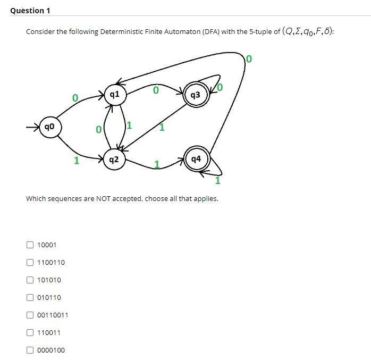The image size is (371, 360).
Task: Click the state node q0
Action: tap(48, 127)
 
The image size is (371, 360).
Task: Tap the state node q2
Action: tap(114, 159)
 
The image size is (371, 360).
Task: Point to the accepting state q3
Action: tap(195, 95)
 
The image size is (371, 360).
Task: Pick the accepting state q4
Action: tap(196, 159)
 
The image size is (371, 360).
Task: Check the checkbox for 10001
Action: tap(30, 245)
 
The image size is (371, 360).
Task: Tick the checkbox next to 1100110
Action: tap(30, 263)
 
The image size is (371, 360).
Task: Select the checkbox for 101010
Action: tap(30, 280)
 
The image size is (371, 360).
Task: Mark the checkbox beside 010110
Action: tap(30, 298)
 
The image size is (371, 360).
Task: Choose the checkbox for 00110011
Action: tap(30, 315)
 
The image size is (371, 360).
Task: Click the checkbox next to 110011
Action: tap(30, 333)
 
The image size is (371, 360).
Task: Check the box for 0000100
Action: tap(30, 350)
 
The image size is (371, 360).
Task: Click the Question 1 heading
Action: tap(27, 11)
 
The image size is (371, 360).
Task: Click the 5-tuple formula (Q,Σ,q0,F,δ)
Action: tap(308, 31)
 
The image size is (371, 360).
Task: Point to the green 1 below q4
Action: tap(218, 181)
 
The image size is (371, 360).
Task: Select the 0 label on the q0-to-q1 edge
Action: tap(75, 98)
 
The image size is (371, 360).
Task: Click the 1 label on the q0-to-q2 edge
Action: tap(77, 160)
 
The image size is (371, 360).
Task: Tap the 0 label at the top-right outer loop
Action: tap(250, 58)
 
